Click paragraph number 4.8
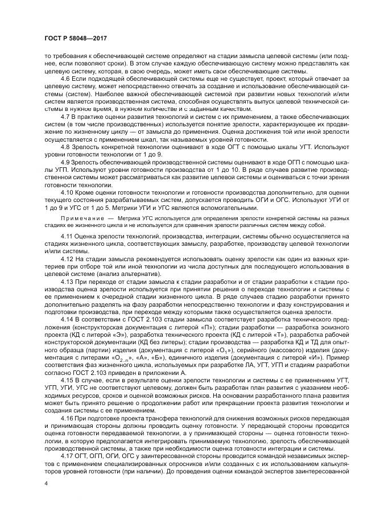click(x=65, y=146)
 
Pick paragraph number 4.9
click(x=65, y=161)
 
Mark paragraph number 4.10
click(x=67, y=191)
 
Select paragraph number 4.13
click(x=67, y=281)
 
